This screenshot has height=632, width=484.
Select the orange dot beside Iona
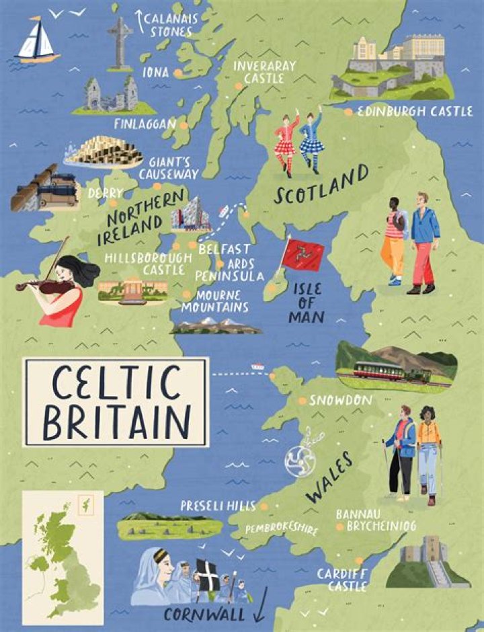pos(177,73)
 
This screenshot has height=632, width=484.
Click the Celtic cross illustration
pos(120,42)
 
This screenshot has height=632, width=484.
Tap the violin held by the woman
pos(47,285)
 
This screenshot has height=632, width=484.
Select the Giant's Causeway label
pos(168,168)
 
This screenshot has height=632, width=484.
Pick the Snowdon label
pos(340,400)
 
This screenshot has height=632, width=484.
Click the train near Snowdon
pos(384,372)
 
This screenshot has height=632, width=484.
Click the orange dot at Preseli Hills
pos(264,506)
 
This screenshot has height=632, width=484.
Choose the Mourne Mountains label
pos(215,301)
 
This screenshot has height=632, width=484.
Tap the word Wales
pos(330,477)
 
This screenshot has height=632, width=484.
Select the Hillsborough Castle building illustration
pos(133,289)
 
